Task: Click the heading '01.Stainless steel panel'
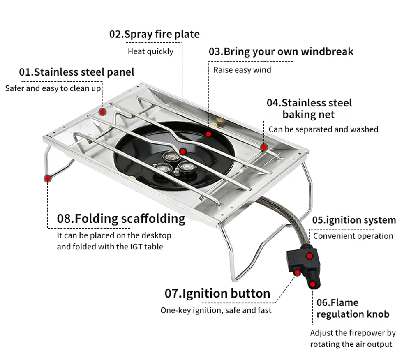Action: [77, 72]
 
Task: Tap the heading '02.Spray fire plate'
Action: [154, 34]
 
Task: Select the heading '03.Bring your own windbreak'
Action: [281, 52]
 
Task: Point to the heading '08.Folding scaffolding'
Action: [121, 218]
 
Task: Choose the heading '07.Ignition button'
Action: [217, 293]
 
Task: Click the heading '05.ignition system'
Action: [354, 220]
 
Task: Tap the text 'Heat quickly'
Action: [150, 51]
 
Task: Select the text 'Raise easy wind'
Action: [242, 70]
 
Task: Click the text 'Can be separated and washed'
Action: [323, 129]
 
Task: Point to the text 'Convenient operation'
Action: [353, 236]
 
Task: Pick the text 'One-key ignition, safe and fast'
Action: [216, 310]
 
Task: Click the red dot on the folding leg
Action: [48, 178]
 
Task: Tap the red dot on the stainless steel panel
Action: [103, 112]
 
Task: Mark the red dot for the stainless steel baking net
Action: [264, 147]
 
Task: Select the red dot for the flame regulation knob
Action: [313, 284]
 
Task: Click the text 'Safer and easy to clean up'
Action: [53, 88]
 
